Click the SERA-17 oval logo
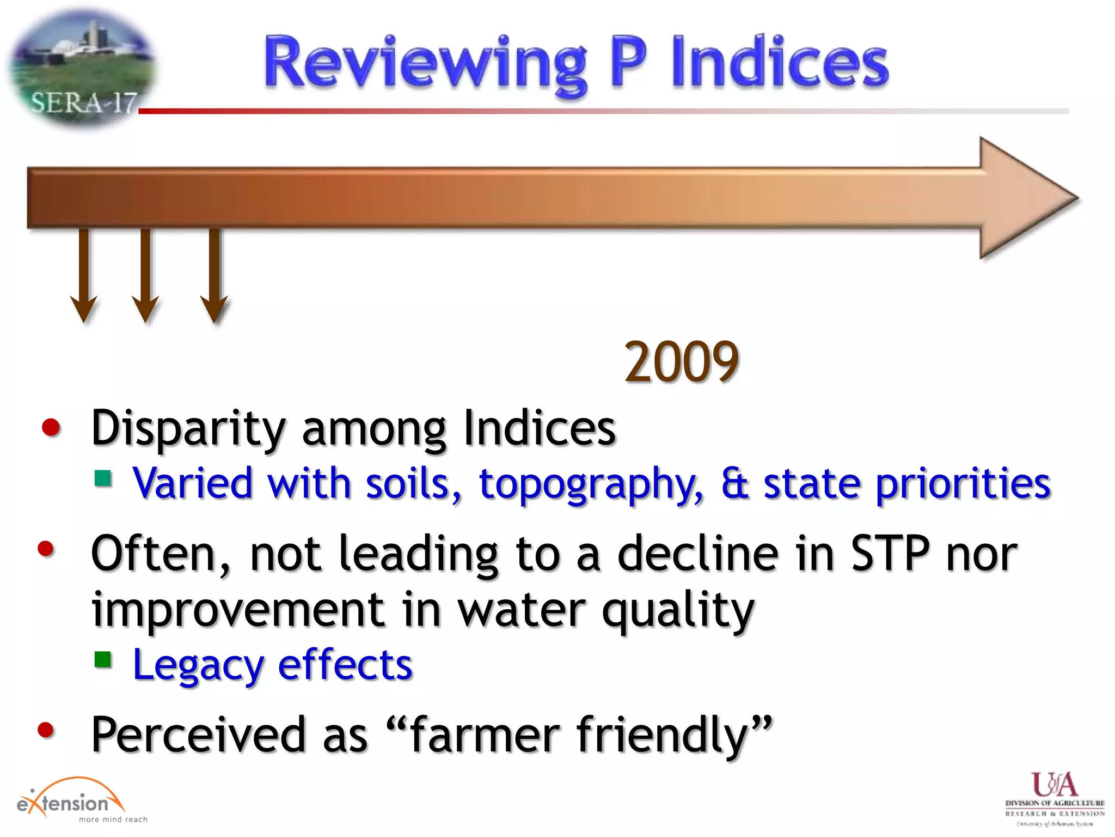click(x=82, y=68)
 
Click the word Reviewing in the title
click(x=425, y=63)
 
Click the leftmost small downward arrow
click(x=83, y=275)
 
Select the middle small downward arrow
click(x=145, y=275)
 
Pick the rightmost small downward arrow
click(x=214, y=275)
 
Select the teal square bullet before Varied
click(x=103, y=478)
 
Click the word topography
click(x=591, y=484)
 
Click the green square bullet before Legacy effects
click(x=103, y=660)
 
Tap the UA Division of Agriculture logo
click(x=1055, y=798)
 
